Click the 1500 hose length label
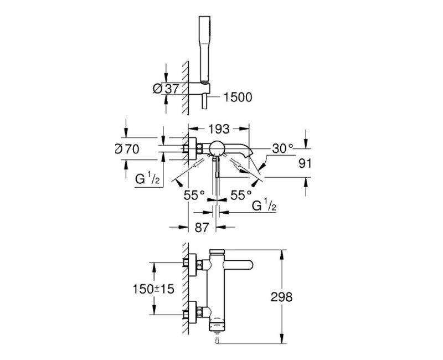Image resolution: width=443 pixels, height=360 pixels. pyautogui.click(x=238, y=97)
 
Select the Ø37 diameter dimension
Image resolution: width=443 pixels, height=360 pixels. pyautogui.click(x=166, y=89)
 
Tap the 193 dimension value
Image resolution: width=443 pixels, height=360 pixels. pyautogui.click(x=219, y=129)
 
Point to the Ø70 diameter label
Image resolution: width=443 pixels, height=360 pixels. pyautogui.click(x=127, y=148)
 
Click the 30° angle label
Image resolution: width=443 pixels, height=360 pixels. pyautogui.click(x=283, y=148)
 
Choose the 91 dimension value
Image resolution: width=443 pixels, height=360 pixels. pyautogui.click(x=305, y=163)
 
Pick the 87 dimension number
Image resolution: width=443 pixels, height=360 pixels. pyautogui.click(x=202, y=227)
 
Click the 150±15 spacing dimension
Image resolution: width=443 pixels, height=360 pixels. pyautogui.click(x=153, y=289)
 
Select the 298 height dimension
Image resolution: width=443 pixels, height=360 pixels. pyautogui.click(x=281, y=297)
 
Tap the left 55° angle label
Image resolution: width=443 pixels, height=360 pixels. pyautogui.click(x=194, y=195)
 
